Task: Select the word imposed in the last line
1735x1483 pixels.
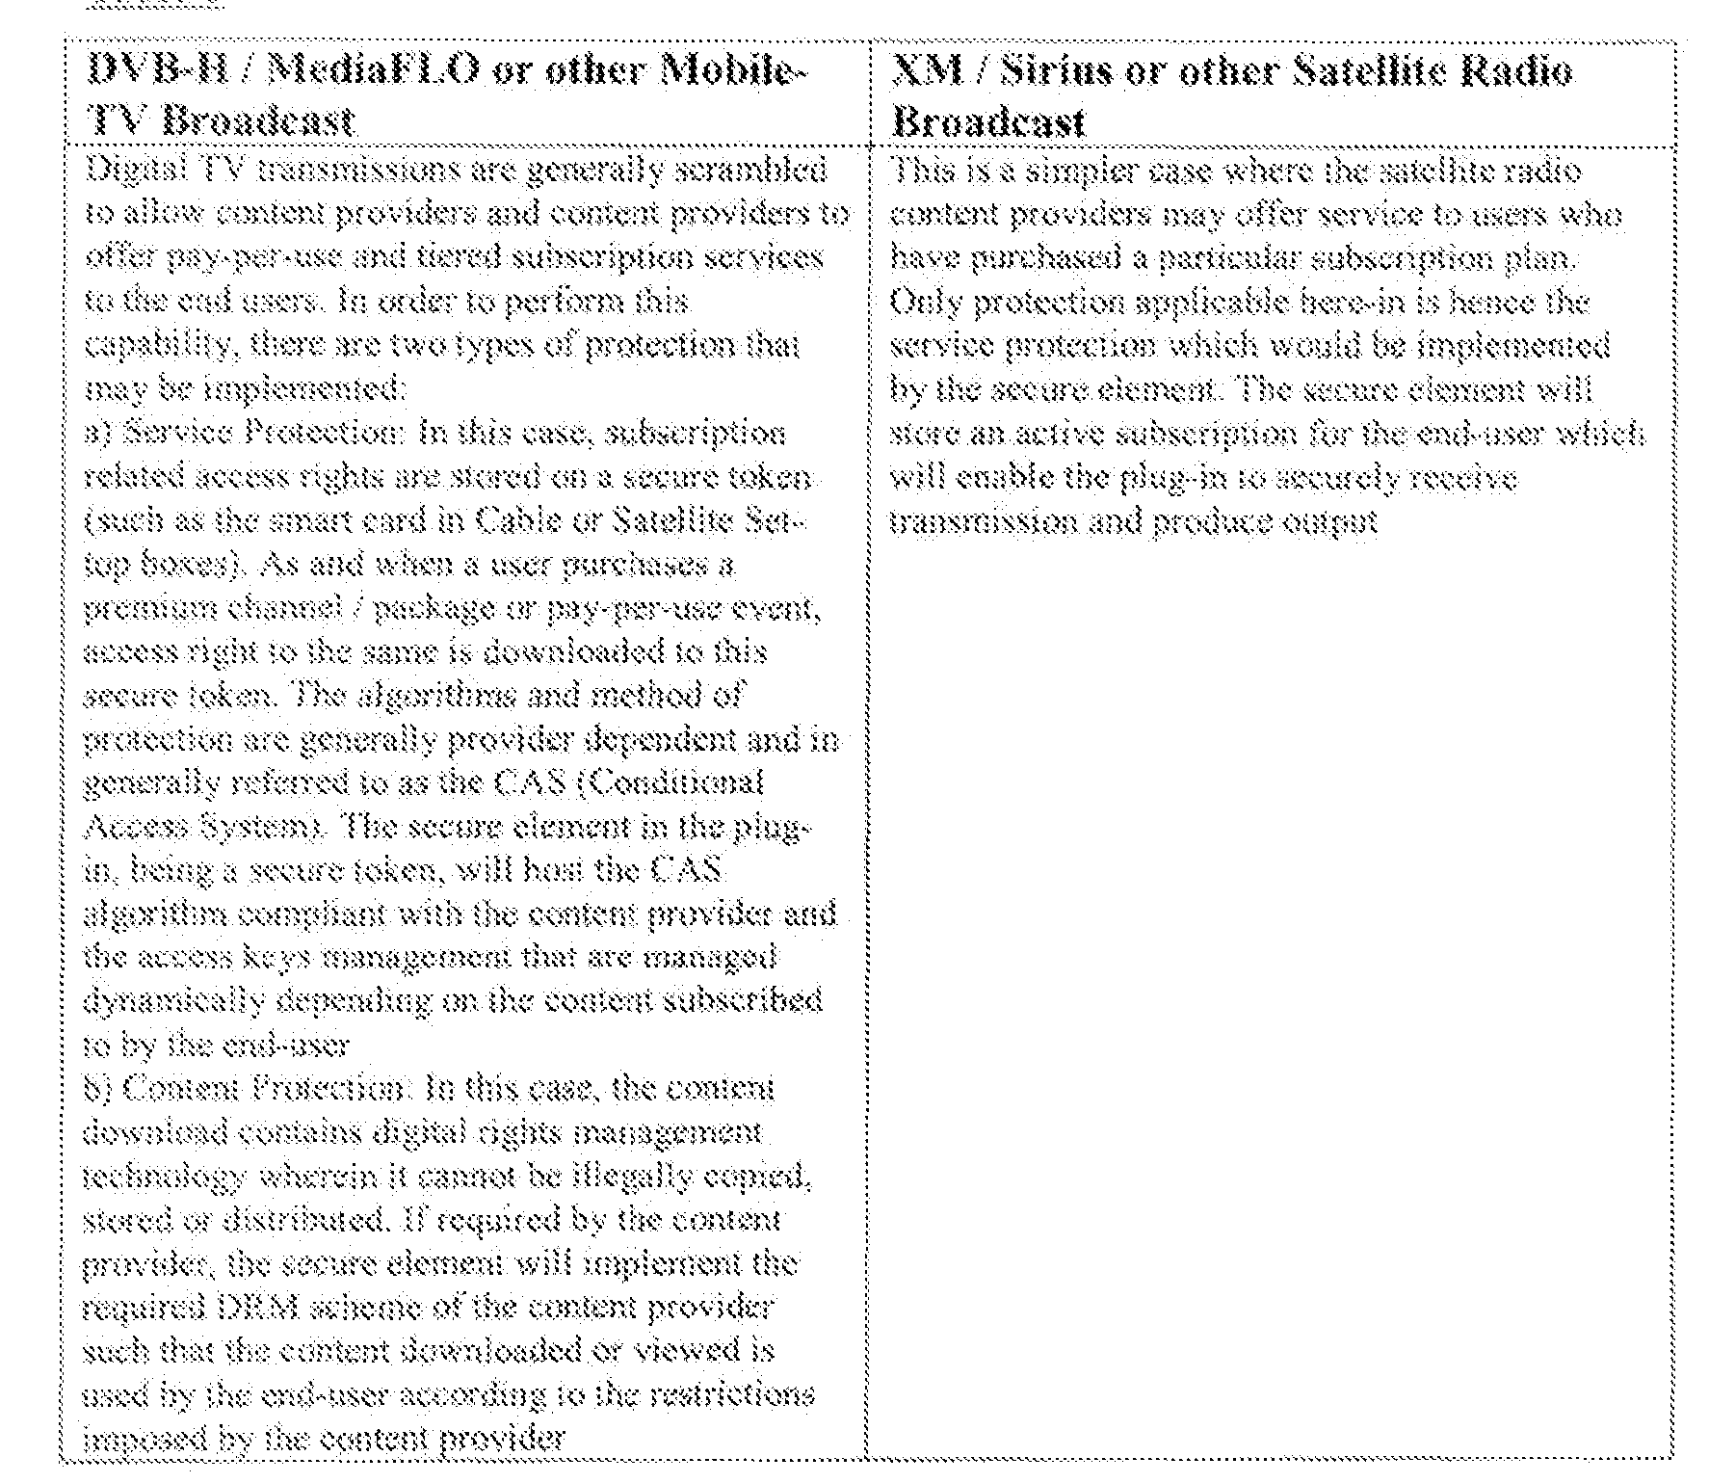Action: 130,1440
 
